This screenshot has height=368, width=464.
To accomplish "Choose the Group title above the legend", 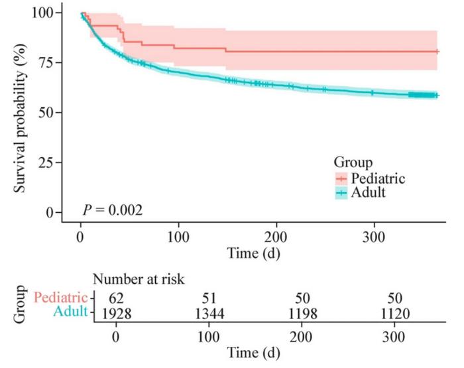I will point(351,162).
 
